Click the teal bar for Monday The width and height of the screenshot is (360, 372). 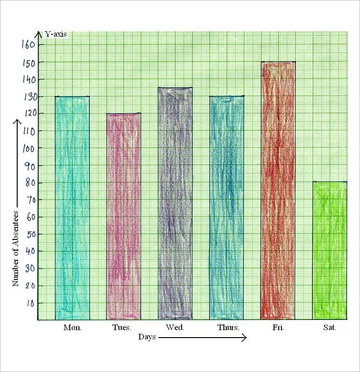72,207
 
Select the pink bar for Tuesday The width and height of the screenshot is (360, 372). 124,216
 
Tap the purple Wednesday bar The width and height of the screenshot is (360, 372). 175,203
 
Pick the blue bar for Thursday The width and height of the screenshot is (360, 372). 227,207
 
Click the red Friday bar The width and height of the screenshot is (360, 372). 278,190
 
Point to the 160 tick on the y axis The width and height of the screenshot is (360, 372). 28,45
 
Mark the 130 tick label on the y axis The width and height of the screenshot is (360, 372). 28,97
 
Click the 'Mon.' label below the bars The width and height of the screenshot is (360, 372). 72,327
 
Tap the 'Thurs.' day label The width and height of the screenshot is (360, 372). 228,327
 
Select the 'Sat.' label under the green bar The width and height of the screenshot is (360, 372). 329,327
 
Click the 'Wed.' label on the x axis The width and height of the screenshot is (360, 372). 175,327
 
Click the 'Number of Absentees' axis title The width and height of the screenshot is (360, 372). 15,249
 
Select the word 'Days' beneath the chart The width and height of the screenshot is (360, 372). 147,337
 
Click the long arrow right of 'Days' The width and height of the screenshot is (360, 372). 202,338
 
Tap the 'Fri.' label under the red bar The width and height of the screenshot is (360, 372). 278,327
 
